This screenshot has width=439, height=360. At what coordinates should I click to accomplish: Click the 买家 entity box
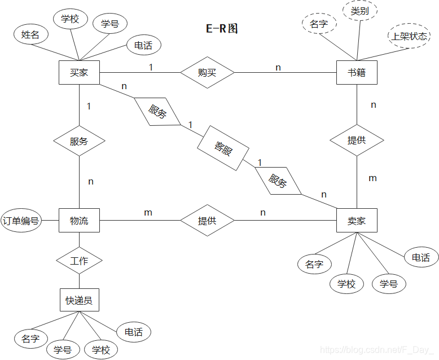click(x=79, y=73)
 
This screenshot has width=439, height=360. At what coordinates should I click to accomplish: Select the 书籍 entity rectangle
click(x=357, y=73)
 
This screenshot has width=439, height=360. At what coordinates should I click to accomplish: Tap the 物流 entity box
click(x=79, y=220)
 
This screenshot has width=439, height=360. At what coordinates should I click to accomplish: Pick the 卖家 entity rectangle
click(x=357, y=221)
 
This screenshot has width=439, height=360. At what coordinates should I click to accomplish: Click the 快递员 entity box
click(x=79, y=300)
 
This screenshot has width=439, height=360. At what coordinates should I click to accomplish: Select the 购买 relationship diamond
click(x=207, y=73)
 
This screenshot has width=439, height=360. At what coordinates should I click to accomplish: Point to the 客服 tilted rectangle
click(x=223, y=148)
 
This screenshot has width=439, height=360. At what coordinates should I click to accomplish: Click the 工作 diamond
click(x=79, y=261)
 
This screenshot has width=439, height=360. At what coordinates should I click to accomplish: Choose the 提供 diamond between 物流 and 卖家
click(x=207, y=221)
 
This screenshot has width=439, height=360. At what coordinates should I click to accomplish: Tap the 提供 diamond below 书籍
click(x=357, y=141)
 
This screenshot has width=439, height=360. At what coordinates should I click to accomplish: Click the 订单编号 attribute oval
click(x=21, y=221)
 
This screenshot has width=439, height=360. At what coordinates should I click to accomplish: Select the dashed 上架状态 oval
click(x=410, y=37)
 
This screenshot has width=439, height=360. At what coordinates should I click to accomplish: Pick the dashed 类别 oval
click(x=360, y=11)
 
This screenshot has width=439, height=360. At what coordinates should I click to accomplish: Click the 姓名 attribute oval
click(x=30, y=34)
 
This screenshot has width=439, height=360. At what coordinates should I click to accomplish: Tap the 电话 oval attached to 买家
click(x=143, y=45)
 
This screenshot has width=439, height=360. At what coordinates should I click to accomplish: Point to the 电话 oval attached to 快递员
click(x=133, y=332)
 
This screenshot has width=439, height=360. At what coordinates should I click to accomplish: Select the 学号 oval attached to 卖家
click(x=389, y=283)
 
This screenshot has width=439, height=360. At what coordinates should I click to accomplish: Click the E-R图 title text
click(x=222, y=28)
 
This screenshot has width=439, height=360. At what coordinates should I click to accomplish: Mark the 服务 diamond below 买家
click(x=79, y=141)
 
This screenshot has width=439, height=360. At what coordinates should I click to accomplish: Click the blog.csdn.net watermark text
click(x=376, y=350)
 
